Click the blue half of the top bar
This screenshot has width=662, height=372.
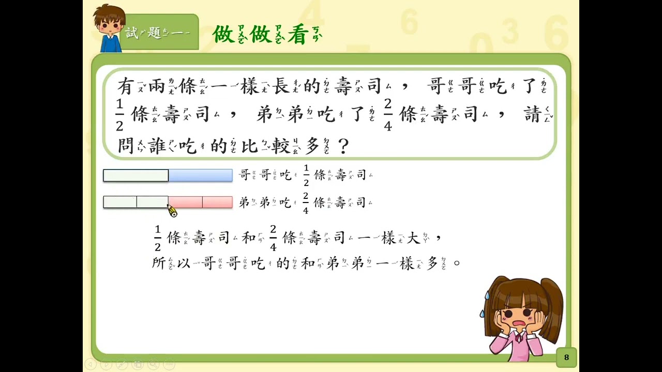point(200,175)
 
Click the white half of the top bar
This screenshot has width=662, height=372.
point(136,175)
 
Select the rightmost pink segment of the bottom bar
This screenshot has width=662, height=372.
point(218,202)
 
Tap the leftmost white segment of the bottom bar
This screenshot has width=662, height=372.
point(120,202)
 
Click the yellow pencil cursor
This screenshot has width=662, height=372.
point(172,210)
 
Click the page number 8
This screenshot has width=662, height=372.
point(566,357)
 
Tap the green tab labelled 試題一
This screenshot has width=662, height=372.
point(160,32)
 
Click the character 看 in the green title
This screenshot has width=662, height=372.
point(298,34)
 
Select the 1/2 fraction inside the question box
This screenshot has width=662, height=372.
point(119,115)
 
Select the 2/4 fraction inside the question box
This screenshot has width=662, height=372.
point(388,115)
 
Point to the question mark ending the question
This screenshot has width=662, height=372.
point(343,146)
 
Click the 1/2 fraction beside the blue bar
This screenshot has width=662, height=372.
point(306,176)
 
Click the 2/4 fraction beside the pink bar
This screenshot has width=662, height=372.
point(306,203)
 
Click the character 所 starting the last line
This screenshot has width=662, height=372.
point(159,263)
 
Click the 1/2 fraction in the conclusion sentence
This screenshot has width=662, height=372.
point(158,238)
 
